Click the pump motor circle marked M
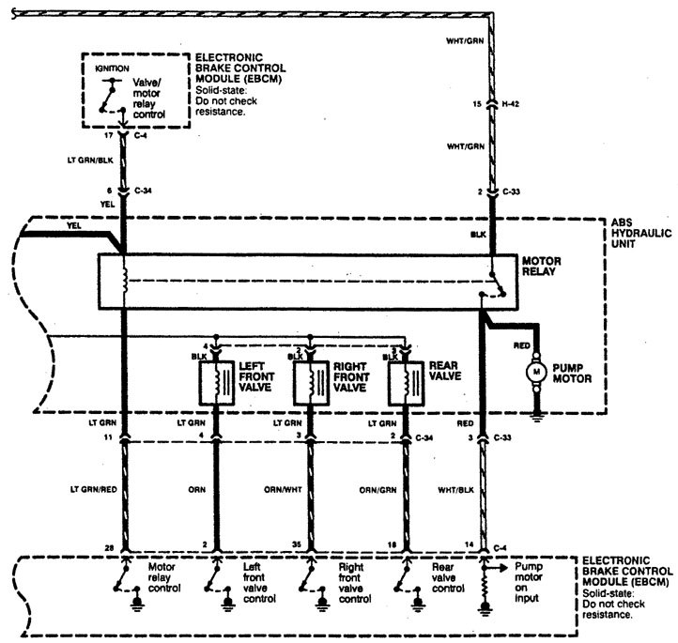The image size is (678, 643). pyautogui.click(x=536, y=372)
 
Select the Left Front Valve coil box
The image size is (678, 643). pyautogui.click(x=217, y=383)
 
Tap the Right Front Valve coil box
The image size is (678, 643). pyautogui.click(x=311, y=383)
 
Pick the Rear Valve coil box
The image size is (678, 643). pyautogui.click(x=406, y=383)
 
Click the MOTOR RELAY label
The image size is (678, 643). pyautogui.click(x=541, y=267)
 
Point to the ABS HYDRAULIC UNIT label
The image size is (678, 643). pyautogui.click(x=641, y=234)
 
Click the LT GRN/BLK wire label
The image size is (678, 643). pyautogui.click(x=90, y=161)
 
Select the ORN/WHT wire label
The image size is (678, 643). pyautogui.click(x=283, y=490)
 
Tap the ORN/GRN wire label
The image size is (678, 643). pyautogui.click(x=378, y=490)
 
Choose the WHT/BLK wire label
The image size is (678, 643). pyautogui.click(x=455, y=490)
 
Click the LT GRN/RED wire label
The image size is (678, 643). pyautogui.click(x=94, y=490)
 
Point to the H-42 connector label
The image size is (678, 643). pyautogui.click(x=510, y=104)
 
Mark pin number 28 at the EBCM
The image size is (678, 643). pyautogui.click(x=109, y=548)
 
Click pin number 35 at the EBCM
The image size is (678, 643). pyautogui.click(x=296, y=544)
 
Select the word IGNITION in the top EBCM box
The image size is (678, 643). pyautogui.click(x=112, y=69)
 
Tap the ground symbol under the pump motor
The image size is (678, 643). pyautogui.click(x=536, y=417)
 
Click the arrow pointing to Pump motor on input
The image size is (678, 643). pyautogui.click(x=497, y=568)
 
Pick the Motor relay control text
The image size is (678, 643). pyautogui.click(x=164, y=577)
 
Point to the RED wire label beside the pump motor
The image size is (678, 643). pyautogui.click(x=521, y=345)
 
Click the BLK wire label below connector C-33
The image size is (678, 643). pyautogui.click(x=478, y=235)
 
